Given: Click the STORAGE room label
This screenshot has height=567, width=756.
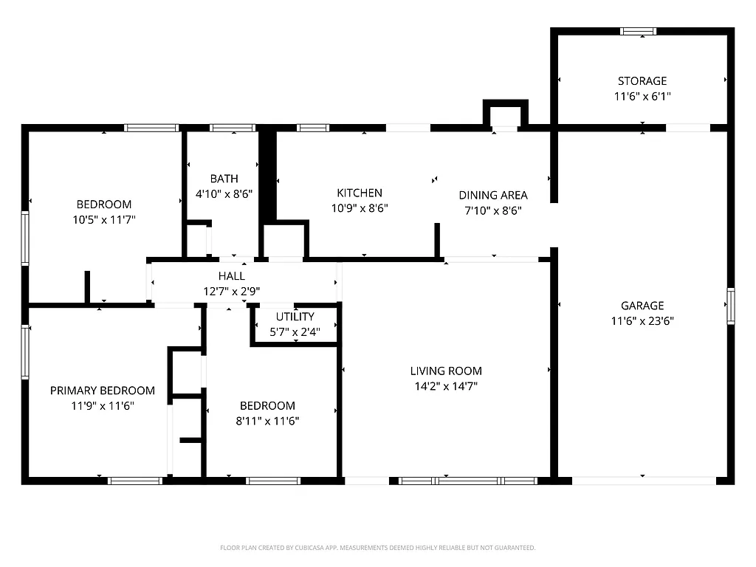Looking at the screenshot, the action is (642, 81).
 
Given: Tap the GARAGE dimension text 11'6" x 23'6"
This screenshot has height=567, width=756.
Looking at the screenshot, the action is (642, 321).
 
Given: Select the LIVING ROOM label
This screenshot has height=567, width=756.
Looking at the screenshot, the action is (446, 371).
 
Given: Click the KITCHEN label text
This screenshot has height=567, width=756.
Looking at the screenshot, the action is (360, 193).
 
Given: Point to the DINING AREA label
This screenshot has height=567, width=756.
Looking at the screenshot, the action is (493, 195).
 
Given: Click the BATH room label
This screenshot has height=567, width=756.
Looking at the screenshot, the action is (224, 179).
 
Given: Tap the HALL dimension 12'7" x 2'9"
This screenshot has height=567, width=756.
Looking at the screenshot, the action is (231, 291).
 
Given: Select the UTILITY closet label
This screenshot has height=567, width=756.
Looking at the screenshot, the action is (295, 317).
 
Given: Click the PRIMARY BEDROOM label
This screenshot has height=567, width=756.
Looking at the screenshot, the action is (103, 391).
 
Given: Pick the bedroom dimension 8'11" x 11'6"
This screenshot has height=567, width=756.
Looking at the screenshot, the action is (267, 421).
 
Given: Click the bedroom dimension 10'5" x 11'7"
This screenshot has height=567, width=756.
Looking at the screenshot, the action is (104, 219).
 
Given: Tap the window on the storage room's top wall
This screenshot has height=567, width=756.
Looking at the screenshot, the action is (638, 31).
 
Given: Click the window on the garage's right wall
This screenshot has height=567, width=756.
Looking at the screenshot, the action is (730, 306).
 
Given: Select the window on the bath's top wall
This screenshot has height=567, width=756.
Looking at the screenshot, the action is (233, 128).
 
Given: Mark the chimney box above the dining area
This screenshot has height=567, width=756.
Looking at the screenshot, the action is (506, 114).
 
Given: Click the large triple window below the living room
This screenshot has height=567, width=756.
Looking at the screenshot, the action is (467, 481).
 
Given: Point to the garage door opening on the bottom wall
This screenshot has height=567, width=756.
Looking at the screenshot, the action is (644, 481).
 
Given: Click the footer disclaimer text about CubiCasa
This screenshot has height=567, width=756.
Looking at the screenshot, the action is (377, 548).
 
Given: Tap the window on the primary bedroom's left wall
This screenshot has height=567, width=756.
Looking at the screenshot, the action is (25, 353).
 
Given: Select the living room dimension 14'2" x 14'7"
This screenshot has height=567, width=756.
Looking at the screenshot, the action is (446, 386).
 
